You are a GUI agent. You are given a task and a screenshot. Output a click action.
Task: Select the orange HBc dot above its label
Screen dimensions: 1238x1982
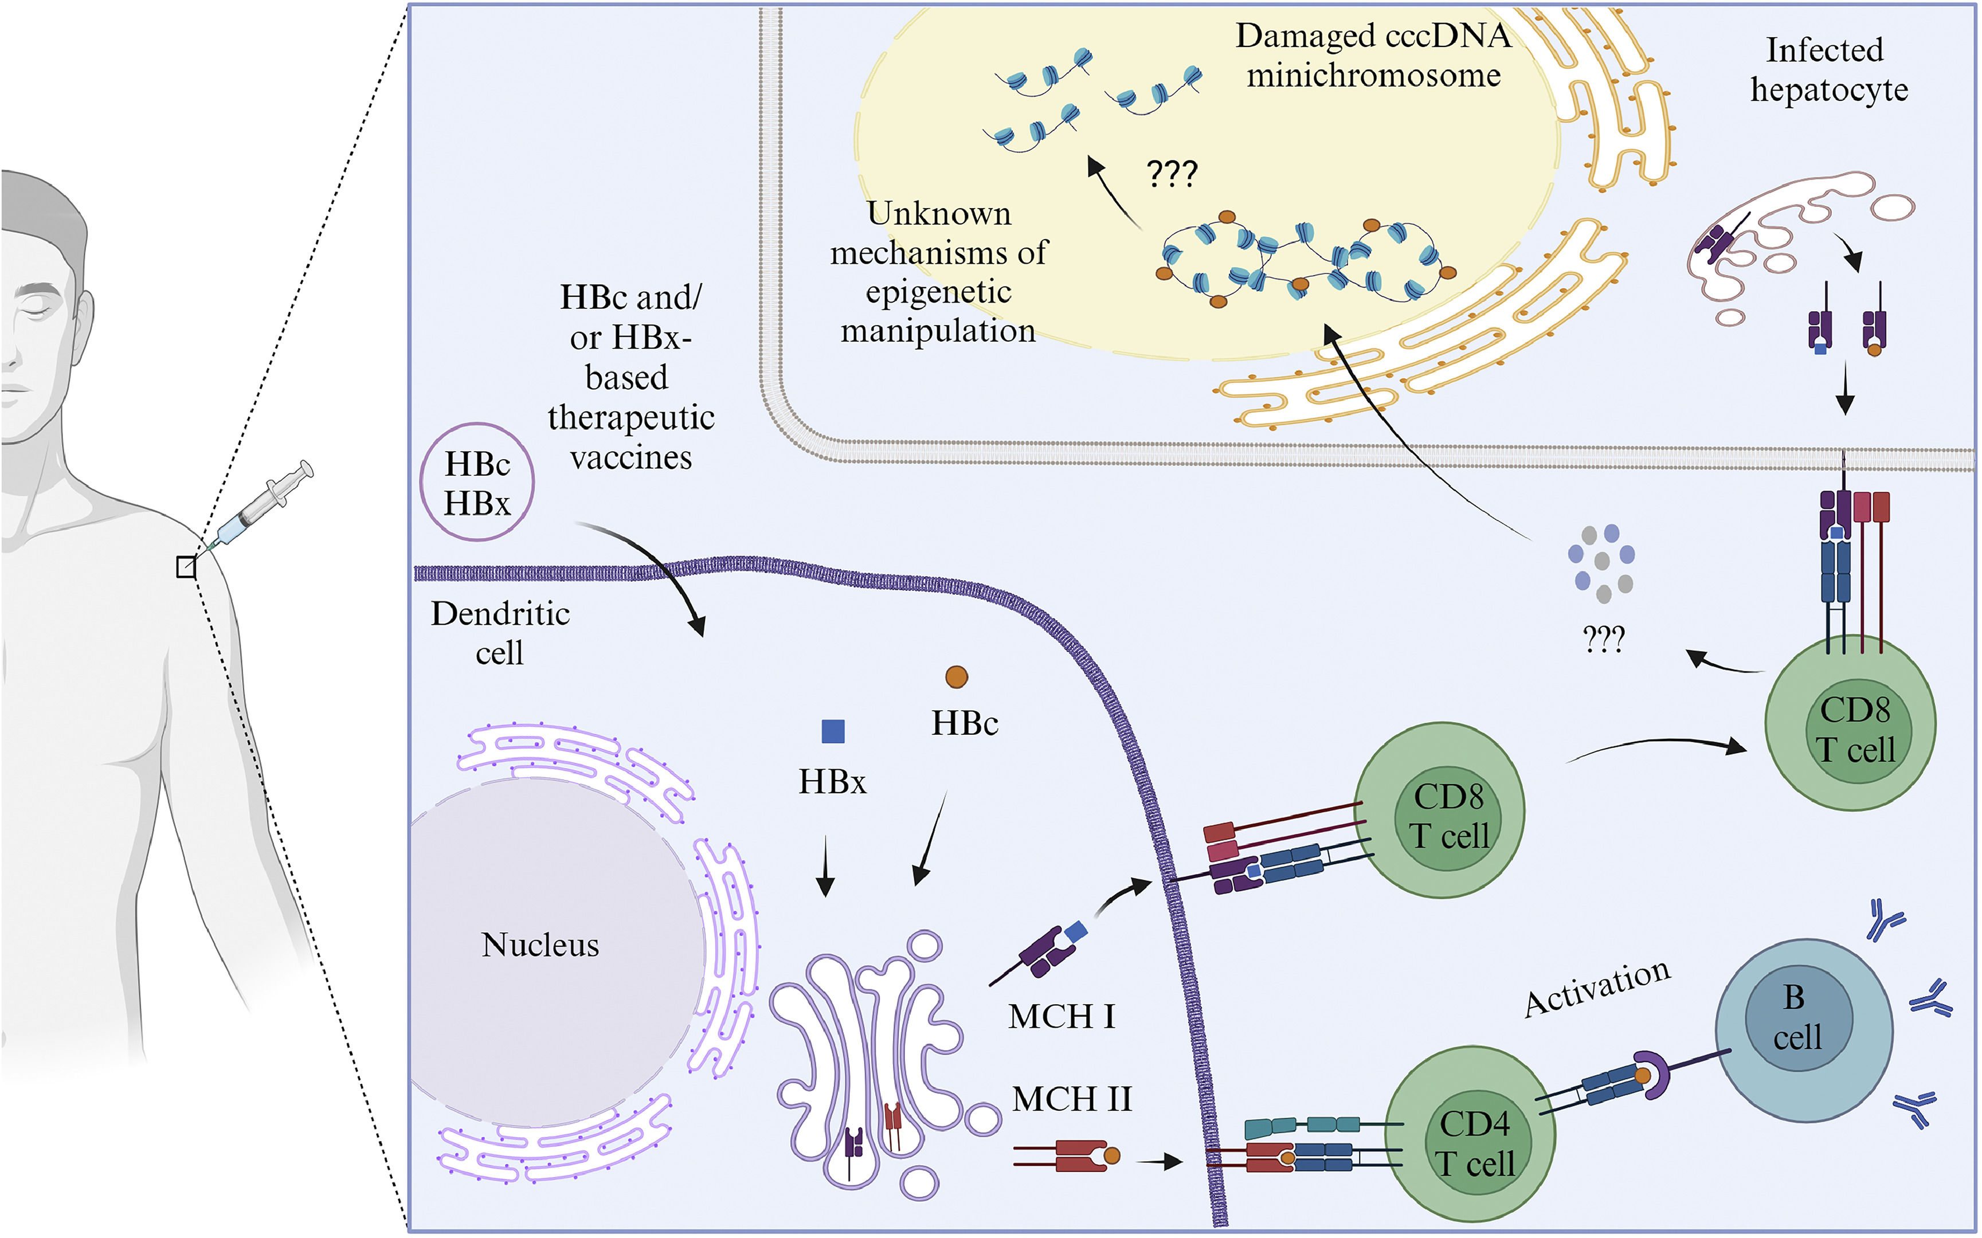[x=956, y=676]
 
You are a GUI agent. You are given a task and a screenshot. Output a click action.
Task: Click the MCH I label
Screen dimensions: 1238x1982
[x=1061, y=1017]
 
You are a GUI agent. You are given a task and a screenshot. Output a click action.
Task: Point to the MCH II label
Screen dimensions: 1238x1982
[x=1072, y=1099]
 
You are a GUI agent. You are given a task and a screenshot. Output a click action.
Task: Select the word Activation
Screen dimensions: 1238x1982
[x=1596, y=988]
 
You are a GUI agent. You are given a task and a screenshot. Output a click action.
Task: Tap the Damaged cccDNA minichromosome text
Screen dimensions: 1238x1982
[x=1373, y=56]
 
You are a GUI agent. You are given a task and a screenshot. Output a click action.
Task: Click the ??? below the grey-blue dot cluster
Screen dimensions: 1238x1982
[x=1603, y=640]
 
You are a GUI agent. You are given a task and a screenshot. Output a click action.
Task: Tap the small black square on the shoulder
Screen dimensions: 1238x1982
[x=187, y=567]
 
